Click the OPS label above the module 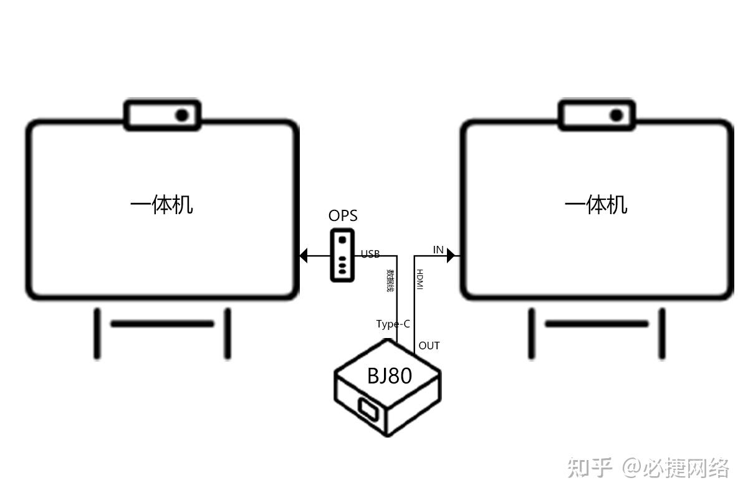coord(343,216)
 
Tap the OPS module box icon coord(342,255)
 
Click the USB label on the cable coord(370,254)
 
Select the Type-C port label coord(393,324)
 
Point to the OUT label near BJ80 coord(429,345)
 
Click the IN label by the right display coord(438,250)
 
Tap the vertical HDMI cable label coord(420,280)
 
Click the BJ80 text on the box coord(389,376)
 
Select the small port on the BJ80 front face coord(368,409)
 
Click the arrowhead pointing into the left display coord(304,255)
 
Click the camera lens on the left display coord(182,115)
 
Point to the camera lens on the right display coord(616,115)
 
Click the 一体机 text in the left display coord(161,204)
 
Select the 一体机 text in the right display coord(596,204)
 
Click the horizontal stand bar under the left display coord(162,324)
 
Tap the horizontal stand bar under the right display coord(597,324)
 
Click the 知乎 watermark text coord(589,467)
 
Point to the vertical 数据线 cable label coord(390,280)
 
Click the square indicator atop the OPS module coord(342,240)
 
